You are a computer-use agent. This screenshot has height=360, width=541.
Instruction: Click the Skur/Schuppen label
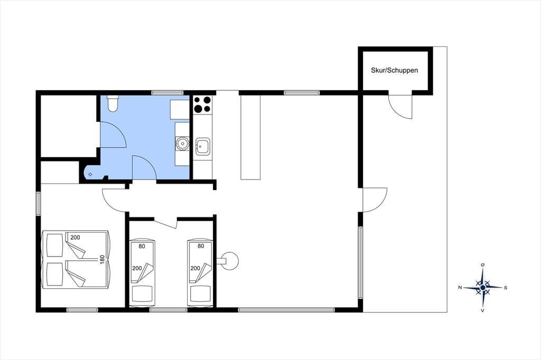(394, 70)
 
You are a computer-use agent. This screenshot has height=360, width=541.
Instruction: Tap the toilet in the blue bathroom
(113, 103)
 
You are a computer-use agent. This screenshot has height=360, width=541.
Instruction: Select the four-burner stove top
(202, 105)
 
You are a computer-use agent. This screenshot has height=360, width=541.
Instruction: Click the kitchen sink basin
(202, 147)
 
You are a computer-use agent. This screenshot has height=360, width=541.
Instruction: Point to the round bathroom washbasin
(182, 144)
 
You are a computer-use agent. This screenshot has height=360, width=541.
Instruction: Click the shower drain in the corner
(90, 175)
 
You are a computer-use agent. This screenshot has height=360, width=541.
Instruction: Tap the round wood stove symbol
(229, 261)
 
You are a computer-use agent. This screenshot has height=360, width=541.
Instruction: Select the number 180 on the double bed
(102, 259)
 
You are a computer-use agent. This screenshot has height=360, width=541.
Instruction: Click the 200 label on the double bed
(75, 237)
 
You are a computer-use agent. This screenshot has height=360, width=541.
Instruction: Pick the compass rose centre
(483, 287)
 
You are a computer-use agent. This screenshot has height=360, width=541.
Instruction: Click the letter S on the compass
(506, 288)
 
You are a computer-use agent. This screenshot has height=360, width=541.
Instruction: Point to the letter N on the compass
(460, 287)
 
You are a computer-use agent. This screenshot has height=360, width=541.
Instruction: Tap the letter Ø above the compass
(483, 264)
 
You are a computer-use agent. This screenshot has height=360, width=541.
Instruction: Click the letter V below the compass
(483, 310)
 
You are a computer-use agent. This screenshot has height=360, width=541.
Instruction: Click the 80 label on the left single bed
(142, 246)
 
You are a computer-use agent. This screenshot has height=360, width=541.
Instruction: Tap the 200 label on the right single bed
(195, 268)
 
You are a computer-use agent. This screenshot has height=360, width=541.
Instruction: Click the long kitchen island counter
(250, 137)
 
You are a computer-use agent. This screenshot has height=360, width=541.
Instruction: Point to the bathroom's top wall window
(167, 92)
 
